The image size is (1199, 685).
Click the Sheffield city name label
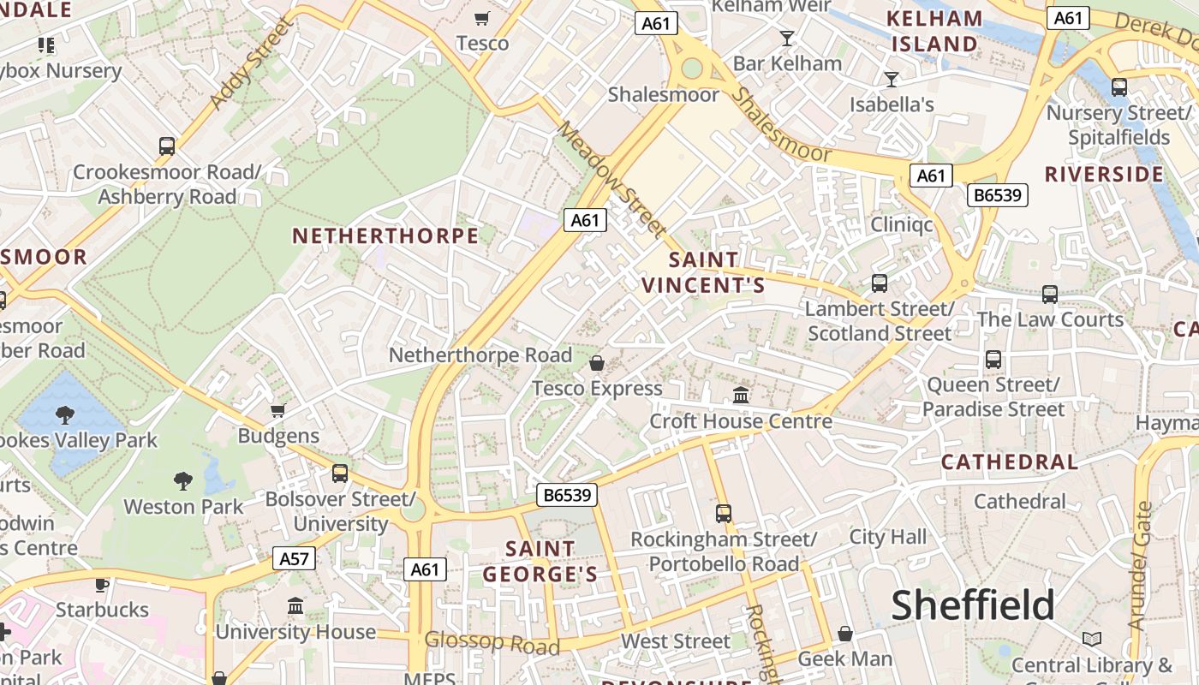click(973, 605)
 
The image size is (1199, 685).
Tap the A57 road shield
click(294, 559)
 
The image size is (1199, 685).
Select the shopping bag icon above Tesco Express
click(597, 363)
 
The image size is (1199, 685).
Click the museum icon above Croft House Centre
click(741, 396)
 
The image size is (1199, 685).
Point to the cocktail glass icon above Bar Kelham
click(787, 38)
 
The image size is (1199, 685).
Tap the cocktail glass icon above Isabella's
click(892, 80)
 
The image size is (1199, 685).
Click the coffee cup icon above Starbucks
click(102, 585)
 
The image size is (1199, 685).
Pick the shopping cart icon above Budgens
click(277, 411)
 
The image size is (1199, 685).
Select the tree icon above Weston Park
click(183, 481)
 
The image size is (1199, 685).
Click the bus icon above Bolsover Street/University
click(340, 474)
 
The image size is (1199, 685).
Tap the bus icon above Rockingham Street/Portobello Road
click(724, 514)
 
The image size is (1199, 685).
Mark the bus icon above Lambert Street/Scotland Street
click(879, 283)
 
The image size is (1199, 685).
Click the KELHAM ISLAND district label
click(934, 31)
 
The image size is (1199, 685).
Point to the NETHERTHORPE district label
click(385, 236)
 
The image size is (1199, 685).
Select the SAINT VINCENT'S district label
click(703, 272)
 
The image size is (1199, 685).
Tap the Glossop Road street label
click(492, 642)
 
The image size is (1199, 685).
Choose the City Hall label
click(888, 537)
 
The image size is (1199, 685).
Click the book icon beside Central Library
click(1092, 640)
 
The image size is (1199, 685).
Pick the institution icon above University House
click(295, 606)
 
